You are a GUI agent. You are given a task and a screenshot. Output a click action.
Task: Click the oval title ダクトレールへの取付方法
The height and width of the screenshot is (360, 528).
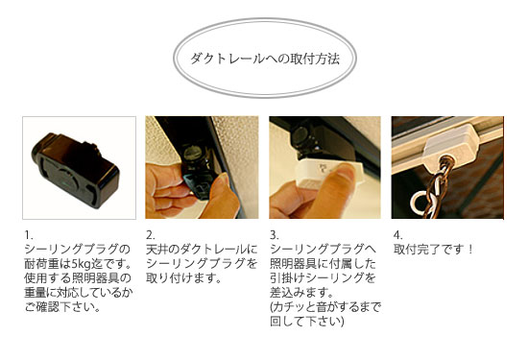(x=265, y=59)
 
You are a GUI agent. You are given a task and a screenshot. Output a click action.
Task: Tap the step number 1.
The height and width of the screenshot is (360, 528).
(x=28, y=235)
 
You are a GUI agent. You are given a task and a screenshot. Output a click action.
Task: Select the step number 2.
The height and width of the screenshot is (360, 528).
(x=150, y=235)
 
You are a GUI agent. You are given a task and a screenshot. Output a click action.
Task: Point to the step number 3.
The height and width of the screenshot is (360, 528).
(x=275, y=235)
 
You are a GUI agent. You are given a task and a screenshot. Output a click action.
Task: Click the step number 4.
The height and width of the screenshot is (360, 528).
(x=398, y=235)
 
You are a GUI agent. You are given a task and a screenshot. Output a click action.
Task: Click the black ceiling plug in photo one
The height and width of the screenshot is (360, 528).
(x=76, y=169)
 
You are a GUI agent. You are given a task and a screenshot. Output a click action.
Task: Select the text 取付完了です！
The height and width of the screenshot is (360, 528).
(x=434, y=250)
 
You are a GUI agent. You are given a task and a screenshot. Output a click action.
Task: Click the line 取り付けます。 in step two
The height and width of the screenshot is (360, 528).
(x=184, y=278)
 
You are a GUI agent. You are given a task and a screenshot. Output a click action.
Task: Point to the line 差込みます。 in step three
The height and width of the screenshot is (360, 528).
(x=302, y=292)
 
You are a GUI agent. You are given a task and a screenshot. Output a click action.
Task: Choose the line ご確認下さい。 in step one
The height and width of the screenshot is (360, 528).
(x=62, y=307)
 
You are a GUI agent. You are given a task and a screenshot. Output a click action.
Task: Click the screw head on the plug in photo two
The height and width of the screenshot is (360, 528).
(x=194, y=154)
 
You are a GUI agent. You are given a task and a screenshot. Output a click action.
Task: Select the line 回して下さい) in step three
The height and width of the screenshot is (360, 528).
(x=307, y=322)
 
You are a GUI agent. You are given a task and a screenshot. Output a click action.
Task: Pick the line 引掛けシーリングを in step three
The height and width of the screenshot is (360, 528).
(x=323, y=278)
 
